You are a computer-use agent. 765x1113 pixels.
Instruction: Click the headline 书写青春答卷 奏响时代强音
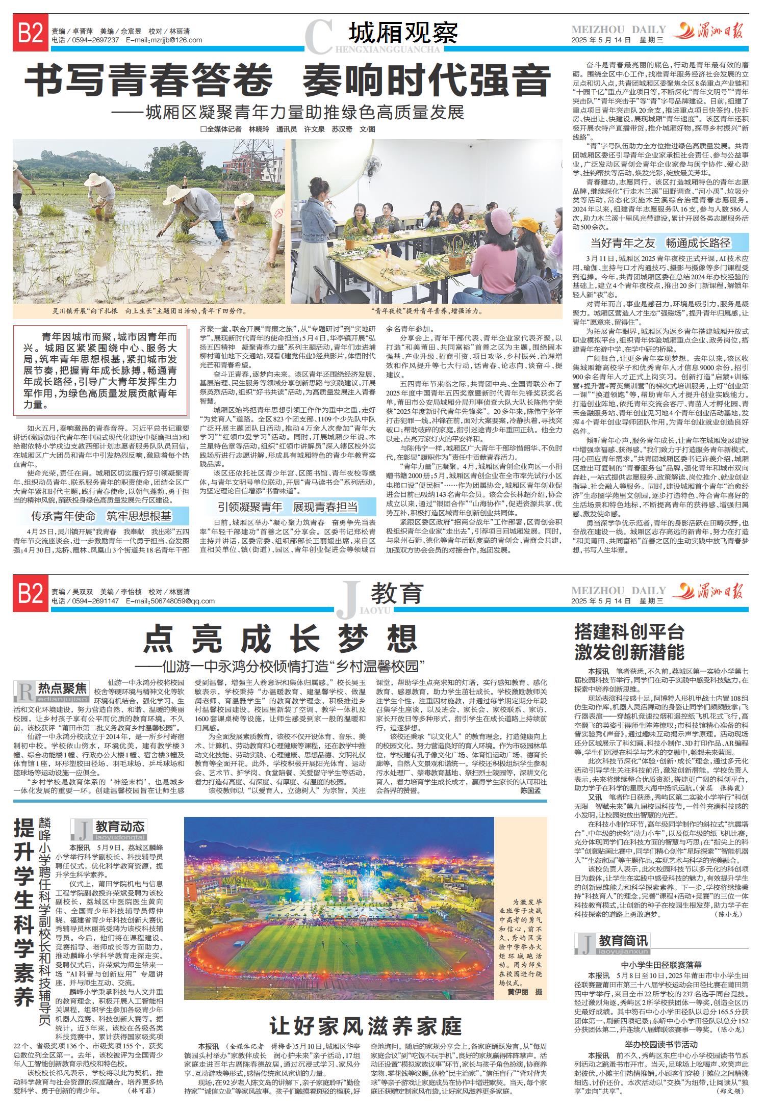coord(289,81)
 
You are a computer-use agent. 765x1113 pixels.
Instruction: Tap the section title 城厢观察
coord(403,34)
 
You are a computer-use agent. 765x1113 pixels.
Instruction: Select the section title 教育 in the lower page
coord(397,593)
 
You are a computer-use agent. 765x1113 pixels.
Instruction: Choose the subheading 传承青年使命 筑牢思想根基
coord(101,517)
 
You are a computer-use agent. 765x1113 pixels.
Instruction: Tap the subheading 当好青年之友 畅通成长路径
coord(660,243)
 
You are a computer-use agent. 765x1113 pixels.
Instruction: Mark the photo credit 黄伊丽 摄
coord(525,993)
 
